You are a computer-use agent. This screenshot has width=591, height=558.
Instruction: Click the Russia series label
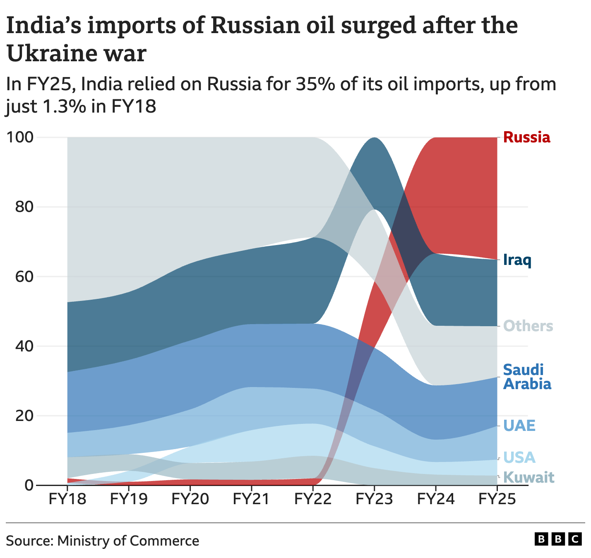526,137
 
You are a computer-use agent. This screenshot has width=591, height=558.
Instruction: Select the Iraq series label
517,260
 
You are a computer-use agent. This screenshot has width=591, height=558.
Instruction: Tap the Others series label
528,326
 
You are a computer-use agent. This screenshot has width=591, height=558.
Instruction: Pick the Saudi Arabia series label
527,377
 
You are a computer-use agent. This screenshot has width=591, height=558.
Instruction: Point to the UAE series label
519,425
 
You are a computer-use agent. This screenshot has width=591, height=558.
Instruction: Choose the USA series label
519,457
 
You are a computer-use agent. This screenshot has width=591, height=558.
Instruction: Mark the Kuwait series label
529,477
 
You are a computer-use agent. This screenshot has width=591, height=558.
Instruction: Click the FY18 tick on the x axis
67,499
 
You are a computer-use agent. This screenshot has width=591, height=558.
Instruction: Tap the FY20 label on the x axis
190,499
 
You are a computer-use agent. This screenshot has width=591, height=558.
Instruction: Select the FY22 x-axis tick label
313,499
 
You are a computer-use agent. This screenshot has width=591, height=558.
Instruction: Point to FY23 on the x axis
374,499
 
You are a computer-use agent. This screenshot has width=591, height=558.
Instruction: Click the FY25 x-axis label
497,499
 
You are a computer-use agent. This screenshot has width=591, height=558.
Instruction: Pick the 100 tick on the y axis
20,137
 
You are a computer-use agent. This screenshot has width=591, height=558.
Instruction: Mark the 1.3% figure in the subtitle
64,106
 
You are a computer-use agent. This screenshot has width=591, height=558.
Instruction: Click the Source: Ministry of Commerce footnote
103,541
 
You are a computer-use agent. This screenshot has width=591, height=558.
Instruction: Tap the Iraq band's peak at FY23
374,143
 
